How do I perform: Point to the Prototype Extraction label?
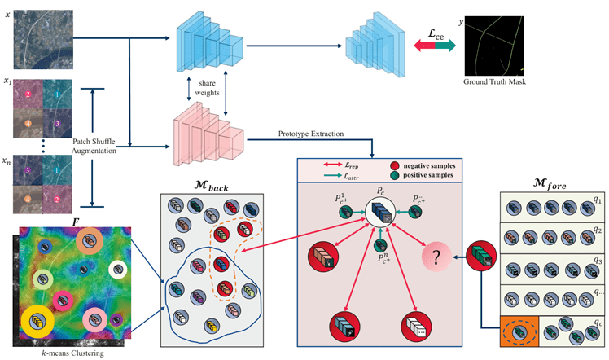pyautogui.click(x=311, y=133)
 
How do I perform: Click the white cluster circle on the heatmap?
pyautogui.click(x=119, y=270)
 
